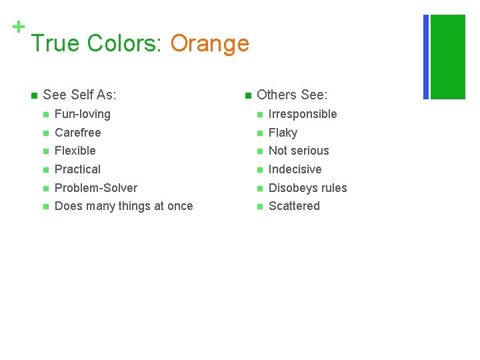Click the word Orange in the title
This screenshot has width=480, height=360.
coord(209,43)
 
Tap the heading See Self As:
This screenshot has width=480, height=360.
coord(79,95)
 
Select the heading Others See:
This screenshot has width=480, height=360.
coord(292,95)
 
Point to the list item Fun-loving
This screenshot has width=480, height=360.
coord(83,114)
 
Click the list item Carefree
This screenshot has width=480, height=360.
coord(78,133)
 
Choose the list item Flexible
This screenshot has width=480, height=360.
coord(75,151)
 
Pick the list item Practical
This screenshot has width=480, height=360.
coord(78,169)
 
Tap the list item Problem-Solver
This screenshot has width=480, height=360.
coord(96,188)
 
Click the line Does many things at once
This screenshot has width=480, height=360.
coord(124,206)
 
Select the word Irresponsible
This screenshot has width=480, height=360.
coord(303,114)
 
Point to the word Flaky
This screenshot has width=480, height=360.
coord(283,133)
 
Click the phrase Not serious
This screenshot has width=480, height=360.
coord(299,151)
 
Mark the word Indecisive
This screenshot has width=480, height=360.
coord(295,169)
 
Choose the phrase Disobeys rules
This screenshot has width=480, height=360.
coord(307,188)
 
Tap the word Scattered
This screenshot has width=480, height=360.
coord(294,206)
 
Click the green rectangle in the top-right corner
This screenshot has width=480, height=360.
coord(448,57)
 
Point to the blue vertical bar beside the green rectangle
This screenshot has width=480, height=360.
coord(426,57)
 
